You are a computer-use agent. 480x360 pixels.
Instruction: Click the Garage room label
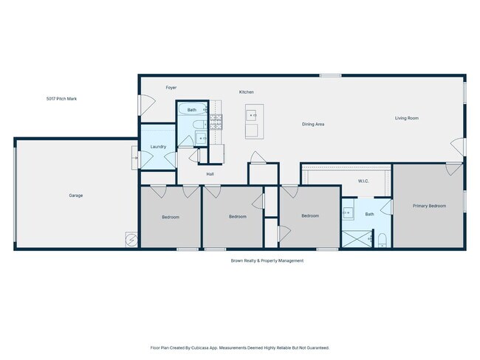tap(75, 195)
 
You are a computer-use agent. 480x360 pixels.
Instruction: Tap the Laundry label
tap(158, 147)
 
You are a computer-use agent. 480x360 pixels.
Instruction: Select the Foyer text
tap(171, 88)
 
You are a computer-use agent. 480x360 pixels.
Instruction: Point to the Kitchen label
tap(247, 92)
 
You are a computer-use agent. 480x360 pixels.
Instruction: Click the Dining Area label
tap(313, 124)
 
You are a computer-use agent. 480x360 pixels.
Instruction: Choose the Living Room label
tap(407, 118)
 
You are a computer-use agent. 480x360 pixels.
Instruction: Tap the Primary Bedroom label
tap(429, 206)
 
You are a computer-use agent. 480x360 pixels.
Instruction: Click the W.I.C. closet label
tap(363, 181)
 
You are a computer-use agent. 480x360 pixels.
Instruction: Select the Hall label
tap(210, 174)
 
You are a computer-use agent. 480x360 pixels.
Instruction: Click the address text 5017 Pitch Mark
tap(61, 99)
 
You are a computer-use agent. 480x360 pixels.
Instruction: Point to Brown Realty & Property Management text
tap(267, 260)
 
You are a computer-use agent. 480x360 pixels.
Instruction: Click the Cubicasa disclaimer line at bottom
tap(240, 347)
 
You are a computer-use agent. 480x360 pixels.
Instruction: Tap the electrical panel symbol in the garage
tap(131, 240)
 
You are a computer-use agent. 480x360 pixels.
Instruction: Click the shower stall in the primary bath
tap(357, 239)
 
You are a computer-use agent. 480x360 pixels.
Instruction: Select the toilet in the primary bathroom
tap(383, 240)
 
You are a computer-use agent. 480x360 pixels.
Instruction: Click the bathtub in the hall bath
tap(192, 109)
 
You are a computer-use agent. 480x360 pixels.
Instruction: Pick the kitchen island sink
tap(251, 115)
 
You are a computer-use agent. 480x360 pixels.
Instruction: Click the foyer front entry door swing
tap(147, 105)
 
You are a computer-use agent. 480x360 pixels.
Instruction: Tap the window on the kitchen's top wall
tap(330, 75)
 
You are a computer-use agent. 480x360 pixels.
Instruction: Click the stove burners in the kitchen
tap(216, 122)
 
